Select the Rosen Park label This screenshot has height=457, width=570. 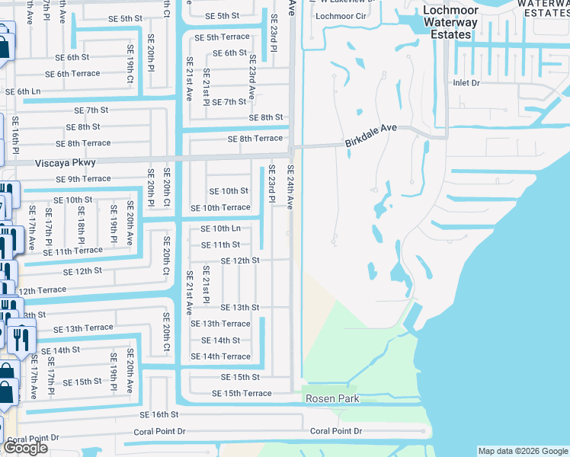[x=332, y=399]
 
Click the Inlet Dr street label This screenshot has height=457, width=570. [x=466, y=82]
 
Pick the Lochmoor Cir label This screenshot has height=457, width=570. [x=341, y=16]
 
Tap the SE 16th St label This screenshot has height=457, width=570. [x=159, y=414]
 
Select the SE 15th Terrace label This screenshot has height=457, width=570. [x=242, y=393]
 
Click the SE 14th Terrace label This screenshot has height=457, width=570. [x=220, y=356]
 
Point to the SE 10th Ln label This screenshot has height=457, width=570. [x=220, y=228]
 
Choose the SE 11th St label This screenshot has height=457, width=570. [x=220, y=244]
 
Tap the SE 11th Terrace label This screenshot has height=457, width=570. [x=72, y=251]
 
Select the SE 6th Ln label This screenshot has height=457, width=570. [x=23, y=91]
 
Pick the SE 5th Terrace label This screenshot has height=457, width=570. [x=222, y=37]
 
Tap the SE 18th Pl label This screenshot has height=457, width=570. [x=81, y=219]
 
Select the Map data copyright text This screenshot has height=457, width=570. [x=523, y=451]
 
